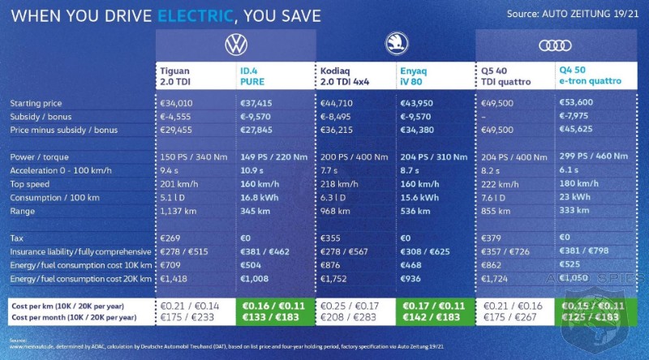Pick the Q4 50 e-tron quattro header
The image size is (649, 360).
coord(591,76)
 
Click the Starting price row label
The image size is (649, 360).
coord(36,104)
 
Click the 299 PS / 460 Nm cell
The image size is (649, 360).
coord(593,157)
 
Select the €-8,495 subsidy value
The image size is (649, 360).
coord(338,117)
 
